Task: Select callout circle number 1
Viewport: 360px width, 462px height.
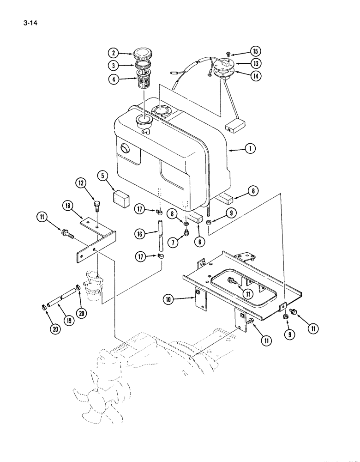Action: tap(250, 149)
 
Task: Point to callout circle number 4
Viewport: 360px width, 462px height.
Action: tap(112, 79)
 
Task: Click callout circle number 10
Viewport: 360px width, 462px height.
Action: tap(168, 299)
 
